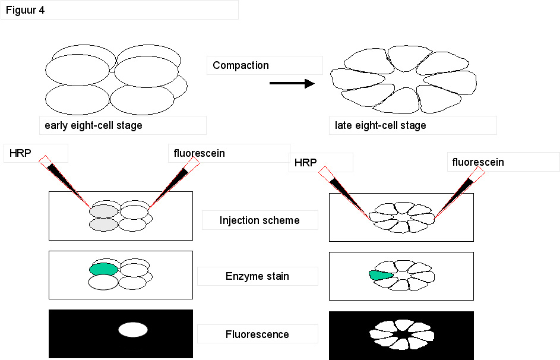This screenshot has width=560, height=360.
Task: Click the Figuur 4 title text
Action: [25, 10]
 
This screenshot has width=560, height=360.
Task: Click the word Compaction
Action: [241, 65]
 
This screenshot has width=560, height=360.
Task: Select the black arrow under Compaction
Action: [292, 83]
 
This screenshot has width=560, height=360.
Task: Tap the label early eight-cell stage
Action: [93, 125]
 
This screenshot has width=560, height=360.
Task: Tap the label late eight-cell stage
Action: [381, 125]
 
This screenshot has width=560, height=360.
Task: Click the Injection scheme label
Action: [260, 220]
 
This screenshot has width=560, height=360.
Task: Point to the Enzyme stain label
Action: [257, 276]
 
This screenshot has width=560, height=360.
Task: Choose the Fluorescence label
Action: [257, 334]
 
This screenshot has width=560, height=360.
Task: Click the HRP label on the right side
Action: [306, 162]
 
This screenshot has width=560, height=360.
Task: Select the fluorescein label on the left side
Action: [200, 153]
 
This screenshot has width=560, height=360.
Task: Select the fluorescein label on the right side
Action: [478, 162]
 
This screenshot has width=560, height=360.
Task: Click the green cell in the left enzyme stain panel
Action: [103, 269]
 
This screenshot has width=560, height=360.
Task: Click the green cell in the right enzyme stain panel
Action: [381, 274]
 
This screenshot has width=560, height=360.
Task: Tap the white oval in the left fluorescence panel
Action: [132, 330]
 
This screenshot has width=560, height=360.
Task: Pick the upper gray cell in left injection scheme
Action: [104, 211]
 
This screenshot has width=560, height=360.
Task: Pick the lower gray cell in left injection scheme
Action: [103, 225]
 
